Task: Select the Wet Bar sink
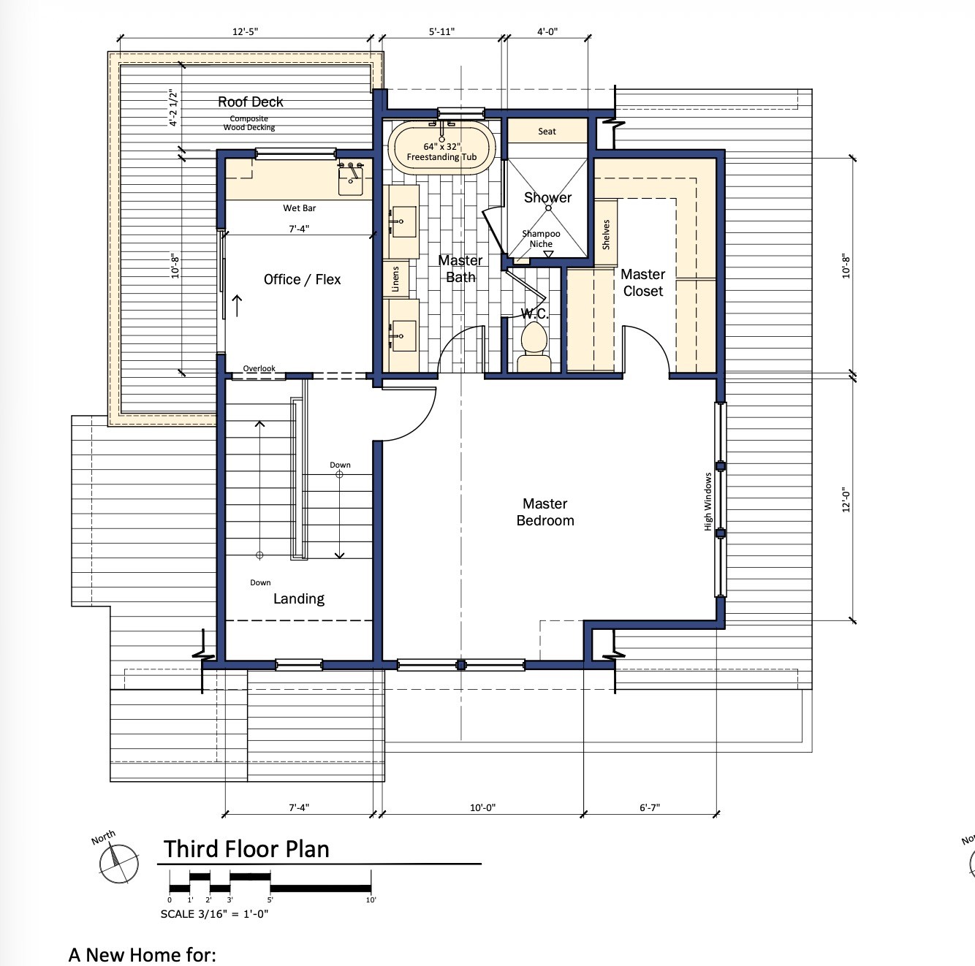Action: (x=350, y=178)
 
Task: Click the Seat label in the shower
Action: (x=547, y=132)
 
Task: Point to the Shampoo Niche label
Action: (x=541, y=238)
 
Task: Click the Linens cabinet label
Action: (x=395, y=279)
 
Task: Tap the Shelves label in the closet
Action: (x=606, y=235)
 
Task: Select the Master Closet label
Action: (x=642, y=282)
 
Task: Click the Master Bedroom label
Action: (x=545, y=511)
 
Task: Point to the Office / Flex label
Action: (x=302, y=279)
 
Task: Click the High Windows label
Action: (x=707, y=501)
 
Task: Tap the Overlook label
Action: (x=259, y=368)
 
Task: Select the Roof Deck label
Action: (x=251, y=102)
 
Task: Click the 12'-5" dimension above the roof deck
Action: (x=245, y=31)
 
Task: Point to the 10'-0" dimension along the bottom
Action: (x=482, y=807)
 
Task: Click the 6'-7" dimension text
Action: (x=650, y=807)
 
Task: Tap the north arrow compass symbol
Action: (x=119, y=864)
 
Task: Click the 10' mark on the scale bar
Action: (x=371, y=900)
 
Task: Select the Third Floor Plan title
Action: (x=246, y=849)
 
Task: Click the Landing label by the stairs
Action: (x=298, y=599)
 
